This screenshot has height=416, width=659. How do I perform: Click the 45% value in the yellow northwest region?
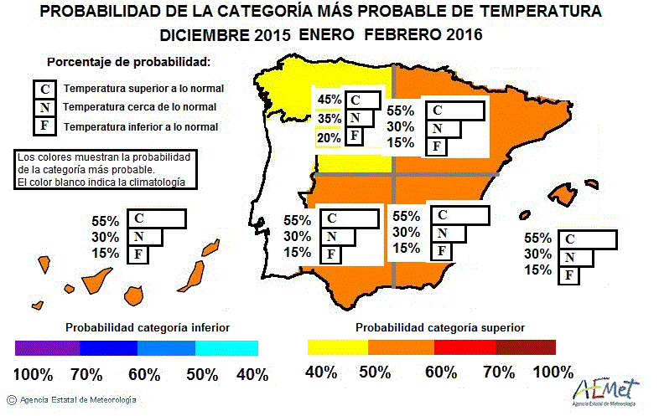tap(329, 100)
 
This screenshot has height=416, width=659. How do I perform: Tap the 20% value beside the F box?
tap(329, 137)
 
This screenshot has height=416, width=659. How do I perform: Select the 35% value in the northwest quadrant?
tap(329, 118)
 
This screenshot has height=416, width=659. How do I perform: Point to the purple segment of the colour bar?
tap(45, 347)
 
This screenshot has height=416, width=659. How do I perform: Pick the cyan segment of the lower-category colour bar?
tap(227, 347)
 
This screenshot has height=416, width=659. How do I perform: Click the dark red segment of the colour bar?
tap(525, 347)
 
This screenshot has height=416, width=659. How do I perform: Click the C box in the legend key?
tap(44, 89)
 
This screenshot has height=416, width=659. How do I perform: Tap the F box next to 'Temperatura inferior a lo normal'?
tap(44, 127)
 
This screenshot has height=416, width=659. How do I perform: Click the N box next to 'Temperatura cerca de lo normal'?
tap(44, 108)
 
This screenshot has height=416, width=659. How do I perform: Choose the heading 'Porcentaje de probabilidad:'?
tap(128, 63)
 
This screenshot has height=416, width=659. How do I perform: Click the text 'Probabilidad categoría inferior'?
tap(148, 326)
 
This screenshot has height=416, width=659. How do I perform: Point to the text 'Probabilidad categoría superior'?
tap(441, 326)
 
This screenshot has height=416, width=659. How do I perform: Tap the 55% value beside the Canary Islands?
tap(106, 222)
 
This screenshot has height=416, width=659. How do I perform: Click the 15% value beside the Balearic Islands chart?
tap(537, 270)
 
